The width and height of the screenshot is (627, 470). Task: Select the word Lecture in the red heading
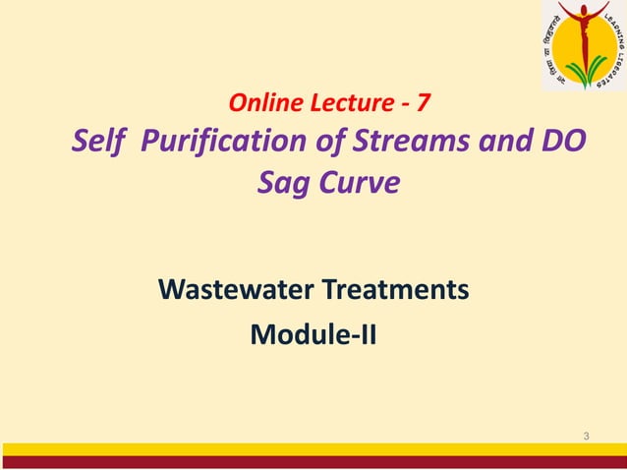(341, 100)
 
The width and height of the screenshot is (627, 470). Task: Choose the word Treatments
(401, 291)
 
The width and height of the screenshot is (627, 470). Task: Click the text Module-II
(313, 335)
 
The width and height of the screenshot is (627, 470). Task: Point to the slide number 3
(586, 436)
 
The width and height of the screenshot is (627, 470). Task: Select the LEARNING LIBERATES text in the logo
(615, 49)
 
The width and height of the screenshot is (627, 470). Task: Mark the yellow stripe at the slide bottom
(313, 449)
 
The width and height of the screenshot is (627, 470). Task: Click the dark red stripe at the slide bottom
(313, 462)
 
